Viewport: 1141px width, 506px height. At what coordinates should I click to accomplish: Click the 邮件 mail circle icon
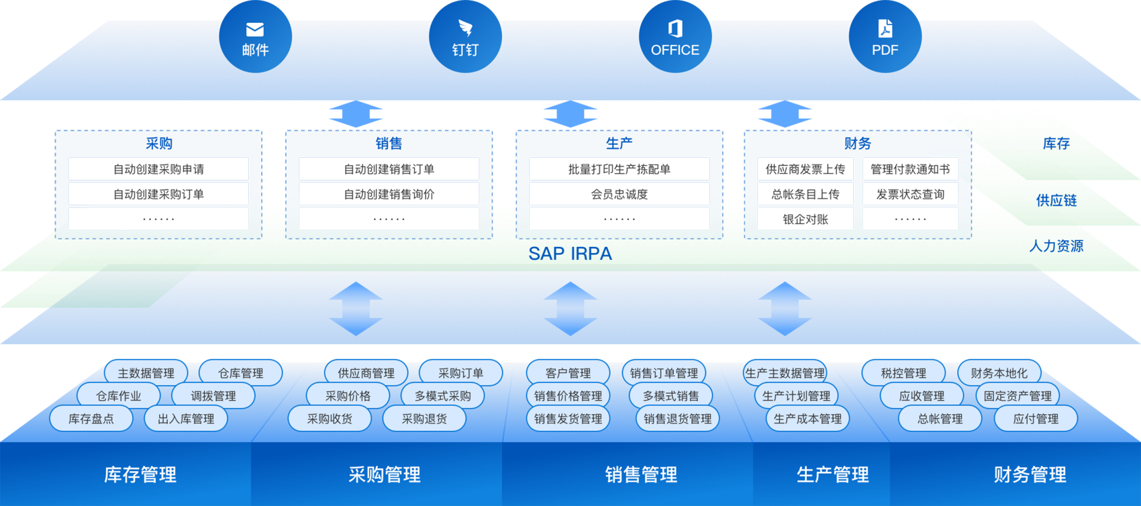(255, 38)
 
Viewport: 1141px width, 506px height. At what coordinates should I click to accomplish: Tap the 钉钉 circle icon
(465, 38)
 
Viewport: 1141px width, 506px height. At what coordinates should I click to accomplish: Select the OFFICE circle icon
(675, 38)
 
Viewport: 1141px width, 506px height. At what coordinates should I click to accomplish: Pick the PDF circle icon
(885, 38)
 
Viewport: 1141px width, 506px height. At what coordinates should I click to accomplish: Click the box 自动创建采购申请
(158, 169)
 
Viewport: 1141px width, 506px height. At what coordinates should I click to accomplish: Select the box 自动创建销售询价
(389, 195)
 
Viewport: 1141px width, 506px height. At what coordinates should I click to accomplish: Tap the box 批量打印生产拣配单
(619, 169)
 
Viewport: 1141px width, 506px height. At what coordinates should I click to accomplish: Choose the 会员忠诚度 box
(619, 195)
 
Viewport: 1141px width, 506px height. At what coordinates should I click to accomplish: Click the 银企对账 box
(805, 219)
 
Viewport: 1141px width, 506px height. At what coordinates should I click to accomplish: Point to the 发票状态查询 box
(910, 195)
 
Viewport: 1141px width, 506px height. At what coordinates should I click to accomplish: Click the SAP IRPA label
(570, 254)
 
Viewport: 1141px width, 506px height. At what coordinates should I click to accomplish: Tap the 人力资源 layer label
(1056, 246)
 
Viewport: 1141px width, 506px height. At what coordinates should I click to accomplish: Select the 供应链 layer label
(1056, 201)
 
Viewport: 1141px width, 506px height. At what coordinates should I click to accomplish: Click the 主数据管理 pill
(146, 373)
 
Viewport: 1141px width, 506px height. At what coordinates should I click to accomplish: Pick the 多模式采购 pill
(442, 396)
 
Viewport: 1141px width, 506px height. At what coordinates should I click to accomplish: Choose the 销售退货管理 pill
(677, 419)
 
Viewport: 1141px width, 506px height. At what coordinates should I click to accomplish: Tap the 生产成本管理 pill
(807, 419)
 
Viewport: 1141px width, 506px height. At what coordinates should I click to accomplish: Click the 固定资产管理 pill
(1018, 396)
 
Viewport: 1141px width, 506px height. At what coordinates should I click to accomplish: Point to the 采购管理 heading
(385, 474)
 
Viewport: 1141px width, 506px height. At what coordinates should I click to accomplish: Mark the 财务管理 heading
(1030, 474)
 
